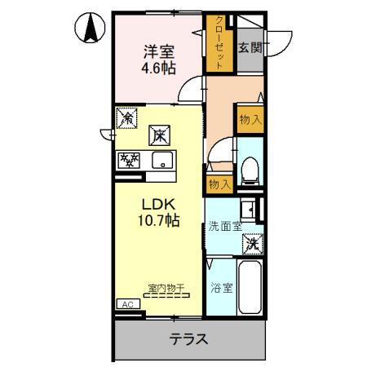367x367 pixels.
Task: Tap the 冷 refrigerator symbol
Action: (x=126, y=119)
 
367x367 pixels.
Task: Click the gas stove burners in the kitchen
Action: (x=127, y=160)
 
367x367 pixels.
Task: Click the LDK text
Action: (x=159, y=204)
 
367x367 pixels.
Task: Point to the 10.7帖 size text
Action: (x=159, y=220)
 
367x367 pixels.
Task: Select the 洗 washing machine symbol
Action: (x=252, y=243)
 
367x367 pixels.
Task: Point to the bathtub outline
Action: (x=250, y=290)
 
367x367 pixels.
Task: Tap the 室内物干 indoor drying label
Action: (x=166, y=288)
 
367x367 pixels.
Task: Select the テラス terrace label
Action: (x=188, y=339)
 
